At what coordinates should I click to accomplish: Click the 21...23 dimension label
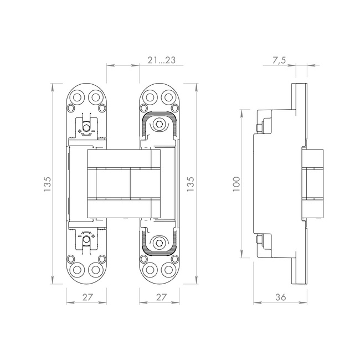tap(161, 60)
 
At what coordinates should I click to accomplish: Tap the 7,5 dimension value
tap(279, 60)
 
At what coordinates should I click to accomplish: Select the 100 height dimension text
tap(236, 184)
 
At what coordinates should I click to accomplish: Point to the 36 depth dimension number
tap(281, 297)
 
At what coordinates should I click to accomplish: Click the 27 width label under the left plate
tap(88, 297)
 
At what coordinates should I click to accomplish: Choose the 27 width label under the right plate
tap(161, 297)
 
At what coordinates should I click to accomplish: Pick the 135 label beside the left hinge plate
tap(47, 184)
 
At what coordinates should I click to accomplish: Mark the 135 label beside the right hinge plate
tap(191, 184)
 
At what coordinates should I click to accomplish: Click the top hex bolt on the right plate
tap(159, 124)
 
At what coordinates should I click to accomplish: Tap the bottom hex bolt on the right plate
tap(159, 243)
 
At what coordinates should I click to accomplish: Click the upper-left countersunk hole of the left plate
tap(77, 97)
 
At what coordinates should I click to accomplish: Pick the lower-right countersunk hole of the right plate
tap(168, 270)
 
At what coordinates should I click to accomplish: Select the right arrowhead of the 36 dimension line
tap(302, 303)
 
